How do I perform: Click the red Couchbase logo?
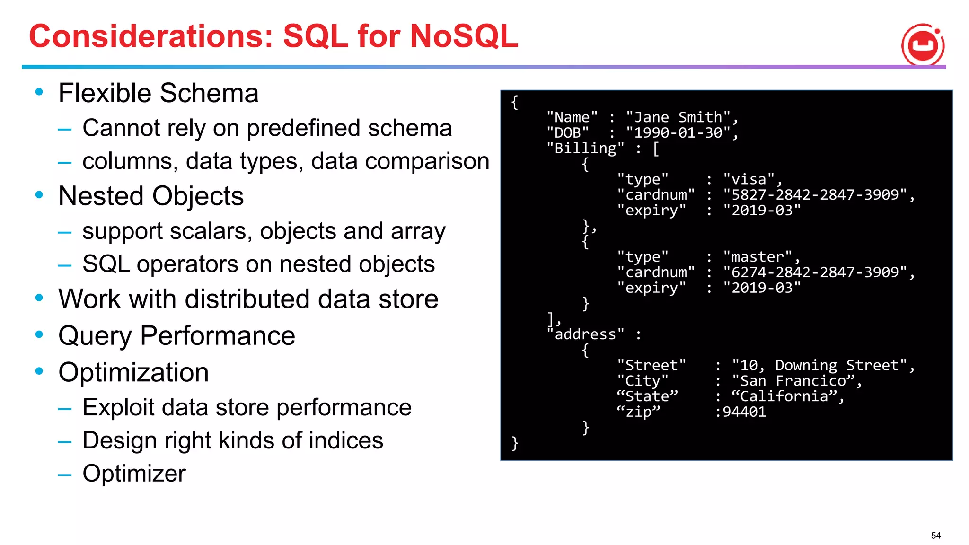(x=923, y=45)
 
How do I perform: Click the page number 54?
(x=935, y=536)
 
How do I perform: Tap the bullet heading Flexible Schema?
(x=158, y=93)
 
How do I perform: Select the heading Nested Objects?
(x=150, y=196)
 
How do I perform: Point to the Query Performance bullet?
(x=176, y=335)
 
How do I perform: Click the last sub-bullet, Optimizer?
(x=134, y=473)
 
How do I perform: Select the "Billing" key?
(x=585, y=149)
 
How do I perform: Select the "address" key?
(x=585, y=334)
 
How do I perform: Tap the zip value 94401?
(x=744, y=412)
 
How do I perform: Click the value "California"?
(x=784, y=396)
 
